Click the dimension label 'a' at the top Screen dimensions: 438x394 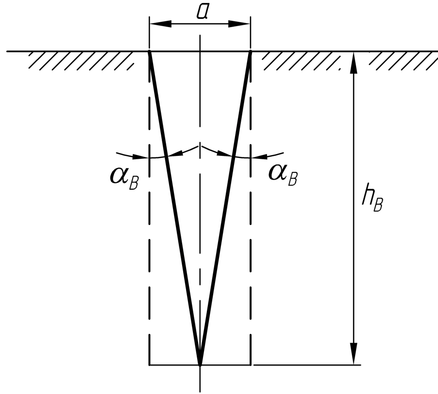(202, 12)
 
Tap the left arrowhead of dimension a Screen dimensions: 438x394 (160, 24)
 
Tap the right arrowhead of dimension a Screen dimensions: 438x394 (239, 24)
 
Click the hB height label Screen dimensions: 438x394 (372, 198)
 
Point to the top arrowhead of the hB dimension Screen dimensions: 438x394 (354, 62)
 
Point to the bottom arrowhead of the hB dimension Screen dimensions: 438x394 (354, 354)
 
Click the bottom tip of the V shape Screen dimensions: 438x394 (200, 364)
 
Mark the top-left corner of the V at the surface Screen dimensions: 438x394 (149, 52)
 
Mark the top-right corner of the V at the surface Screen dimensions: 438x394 (250, 52)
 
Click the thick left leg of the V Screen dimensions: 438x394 (174, 208)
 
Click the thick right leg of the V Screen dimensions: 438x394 (225, 208)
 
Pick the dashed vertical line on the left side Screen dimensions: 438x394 (149, 208)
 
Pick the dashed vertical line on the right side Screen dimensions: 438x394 (250, 208)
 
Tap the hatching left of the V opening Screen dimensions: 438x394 (81, 61)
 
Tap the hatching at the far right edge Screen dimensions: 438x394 (404, 61)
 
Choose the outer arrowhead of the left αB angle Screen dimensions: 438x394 (140, 157)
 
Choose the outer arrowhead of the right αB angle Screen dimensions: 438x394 (260, 156)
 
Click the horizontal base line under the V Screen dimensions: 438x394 (200, 364)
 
